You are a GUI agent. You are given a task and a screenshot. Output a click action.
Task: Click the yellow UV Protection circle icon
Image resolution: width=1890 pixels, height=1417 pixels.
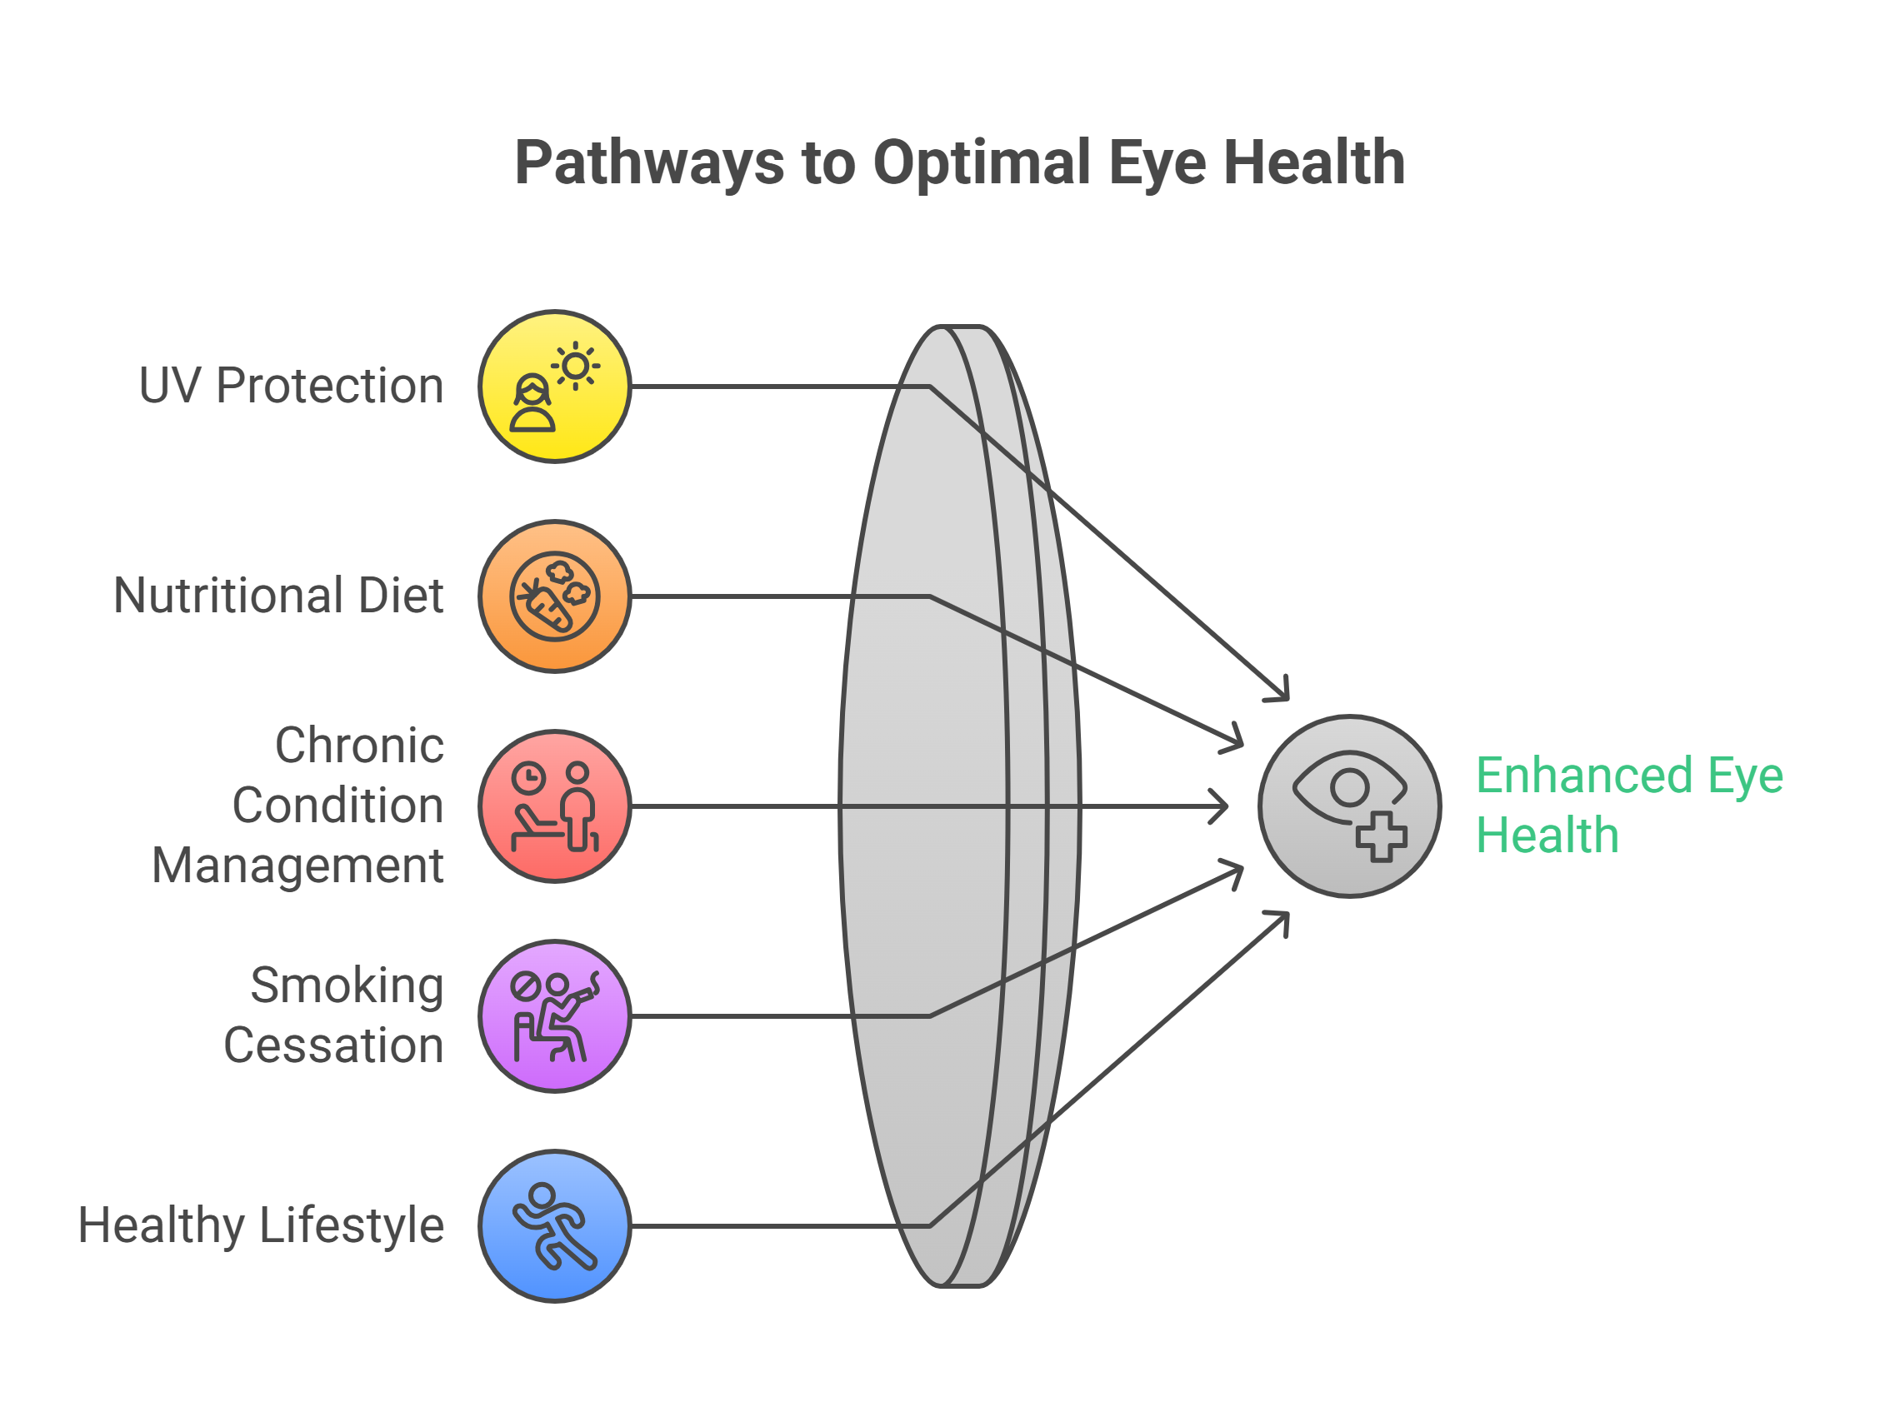pyautogui.click(x=554, y=387)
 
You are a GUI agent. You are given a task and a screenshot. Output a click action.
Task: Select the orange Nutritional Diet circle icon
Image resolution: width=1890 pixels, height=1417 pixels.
pyautogui.click(x=554, y=596)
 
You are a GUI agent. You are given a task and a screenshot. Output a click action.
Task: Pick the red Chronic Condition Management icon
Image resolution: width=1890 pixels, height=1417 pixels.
pyautogui.click(x=554, y=806)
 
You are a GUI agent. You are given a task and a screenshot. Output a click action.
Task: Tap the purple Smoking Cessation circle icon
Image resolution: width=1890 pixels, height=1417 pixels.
pyautogui.click(x=554, y=1016)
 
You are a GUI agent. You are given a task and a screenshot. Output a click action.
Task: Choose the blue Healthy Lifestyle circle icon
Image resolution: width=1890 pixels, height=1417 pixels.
pyautogui.click(x=554, y=1225)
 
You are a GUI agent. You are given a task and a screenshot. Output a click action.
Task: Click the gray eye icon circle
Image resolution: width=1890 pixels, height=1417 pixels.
pyautogui.click(x=1349, y=806)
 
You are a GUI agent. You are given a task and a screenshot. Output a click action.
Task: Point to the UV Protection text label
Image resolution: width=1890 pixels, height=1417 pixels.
pyautogui.click(x=292, y=386)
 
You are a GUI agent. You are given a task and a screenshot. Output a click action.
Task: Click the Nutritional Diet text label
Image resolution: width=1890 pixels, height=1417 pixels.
pyautogui.click(x=278, y=596)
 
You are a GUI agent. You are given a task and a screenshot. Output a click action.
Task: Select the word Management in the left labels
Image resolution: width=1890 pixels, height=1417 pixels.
pyautogui.click(x=297, y=866)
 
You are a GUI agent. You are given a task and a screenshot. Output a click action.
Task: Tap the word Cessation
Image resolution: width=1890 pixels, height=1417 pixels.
pyautogui.click(x=333, y=1045)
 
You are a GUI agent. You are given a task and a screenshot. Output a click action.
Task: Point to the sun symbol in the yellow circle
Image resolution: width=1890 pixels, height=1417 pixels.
pyautogui.click(x=575, y=367)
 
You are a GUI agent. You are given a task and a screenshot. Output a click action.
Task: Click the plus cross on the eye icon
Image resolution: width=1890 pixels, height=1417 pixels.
pyautogui.click(x=1381, y=837)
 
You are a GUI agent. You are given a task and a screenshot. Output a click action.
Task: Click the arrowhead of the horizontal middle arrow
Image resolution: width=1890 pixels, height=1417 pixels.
pyautogui.click(x=1222, y=806)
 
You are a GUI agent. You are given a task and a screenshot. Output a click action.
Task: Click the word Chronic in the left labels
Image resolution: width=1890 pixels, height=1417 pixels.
pyautogui.click(x=359, y=746)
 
